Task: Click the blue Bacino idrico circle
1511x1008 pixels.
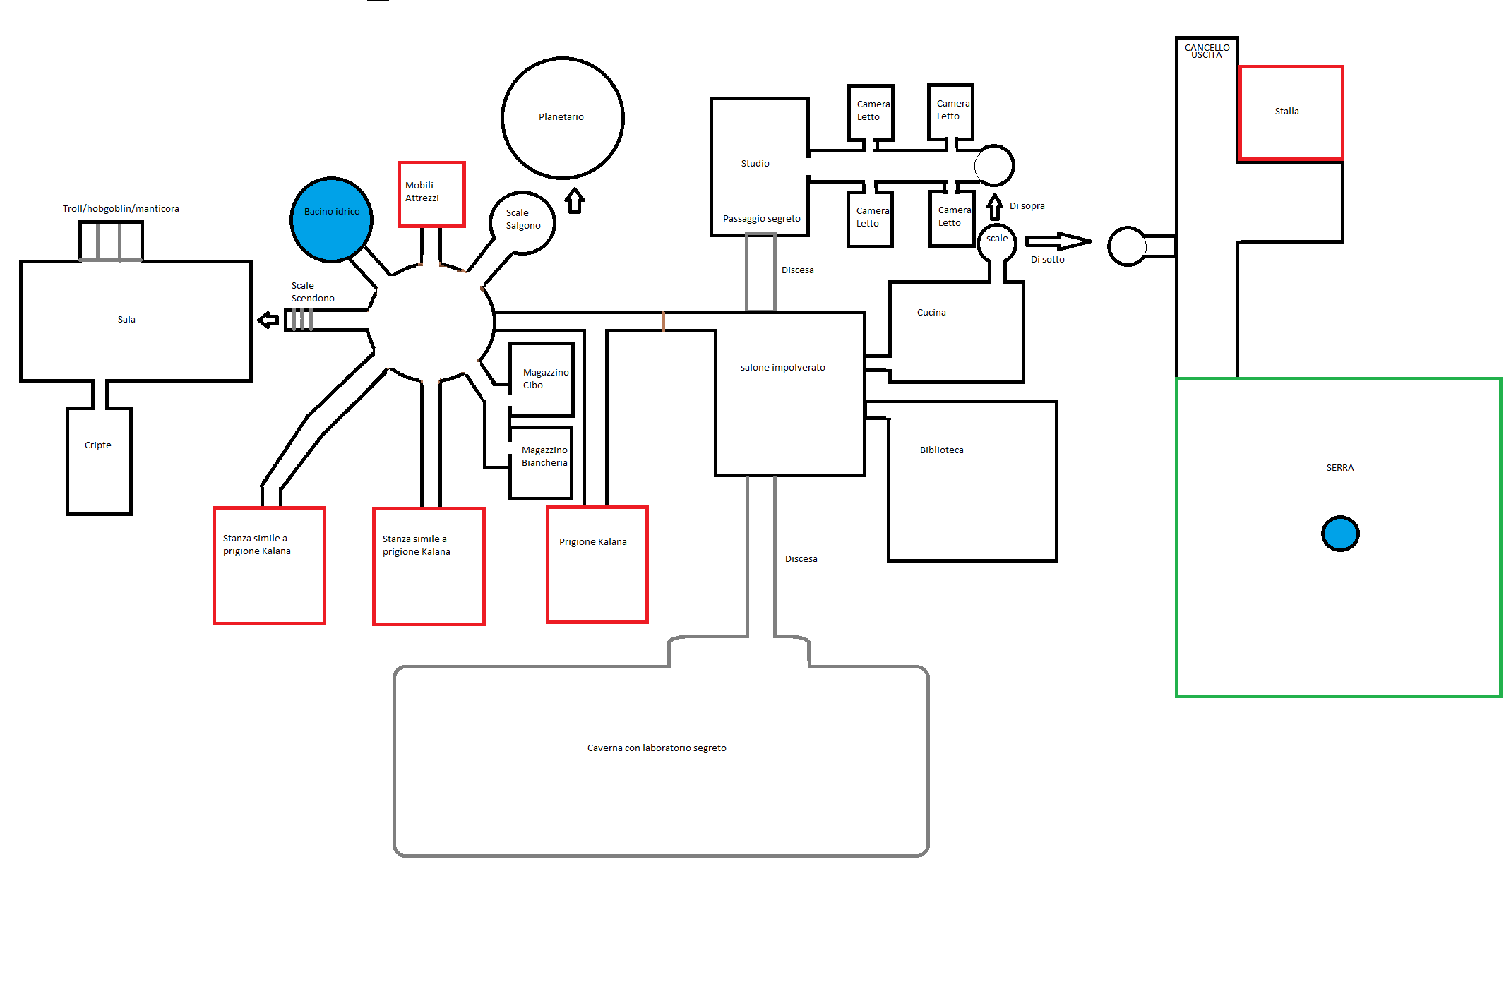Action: tap(331, 220)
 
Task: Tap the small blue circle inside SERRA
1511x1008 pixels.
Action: tap(1339, 534)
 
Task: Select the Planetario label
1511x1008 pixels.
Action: tap(561, 117)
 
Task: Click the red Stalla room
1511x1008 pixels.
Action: tap(1291, 113)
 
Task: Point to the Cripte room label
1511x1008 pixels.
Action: tap(98, 445)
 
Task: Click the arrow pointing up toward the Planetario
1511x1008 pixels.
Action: tap(575, 200)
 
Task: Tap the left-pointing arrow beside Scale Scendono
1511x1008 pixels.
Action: tap(268, 320)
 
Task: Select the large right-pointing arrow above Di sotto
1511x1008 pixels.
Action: tap(1058, 242)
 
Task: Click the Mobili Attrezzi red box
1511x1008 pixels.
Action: tap(431, 194)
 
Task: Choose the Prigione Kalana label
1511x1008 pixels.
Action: tap(592, 542)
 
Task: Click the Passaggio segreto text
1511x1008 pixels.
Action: tap(761, 219)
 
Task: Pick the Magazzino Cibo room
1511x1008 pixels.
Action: tap(542, 379)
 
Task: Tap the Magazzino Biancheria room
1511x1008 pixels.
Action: tap(541, 462)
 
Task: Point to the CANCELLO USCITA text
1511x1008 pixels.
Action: tap(1207, 51)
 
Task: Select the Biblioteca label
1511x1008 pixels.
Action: tap(941, 450)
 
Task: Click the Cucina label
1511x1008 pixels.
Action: tap(931, 313)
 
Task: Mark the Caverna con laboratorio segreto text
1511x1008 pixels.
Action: tap(656, 748)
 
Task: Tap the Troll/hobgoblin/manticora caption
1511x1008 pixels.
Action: tap(121, 209)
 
